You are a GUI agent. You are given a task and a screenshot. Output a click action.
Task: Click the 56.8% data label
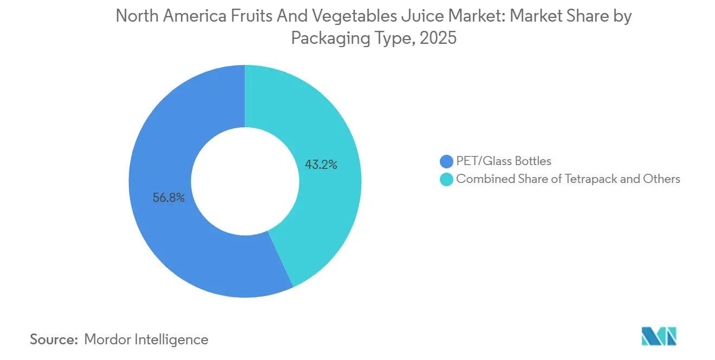tap(168, 198)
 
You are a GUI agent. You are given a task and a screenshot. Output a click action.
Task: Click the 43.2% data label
tap(321, 165)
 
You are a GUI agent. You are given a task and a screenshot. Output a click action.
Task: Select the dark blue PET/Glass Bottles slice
tap(162, 238)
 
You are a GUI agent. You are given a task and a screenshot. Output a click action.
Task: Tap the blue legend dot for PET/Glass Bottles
tap(446, 161)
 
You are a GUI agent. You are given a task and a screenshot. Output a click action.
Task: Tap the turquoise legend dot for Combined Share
tap(446, 179)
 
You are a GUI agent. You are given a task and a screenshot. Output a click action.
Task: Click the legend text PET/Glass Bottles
tap(504, 161)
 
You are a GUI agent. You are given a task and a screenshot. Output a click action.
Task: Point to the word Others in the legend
tap(661, 179)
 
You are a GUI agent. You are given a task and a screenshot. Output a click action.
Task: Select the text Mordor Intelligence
tap(146, 339)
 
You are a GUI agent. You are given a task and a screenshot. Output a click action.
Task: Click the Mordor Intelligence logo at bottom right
tap(659, 336)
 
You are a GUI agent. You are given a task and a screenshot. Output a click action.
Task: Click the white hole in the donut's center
tap(245, 181)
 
